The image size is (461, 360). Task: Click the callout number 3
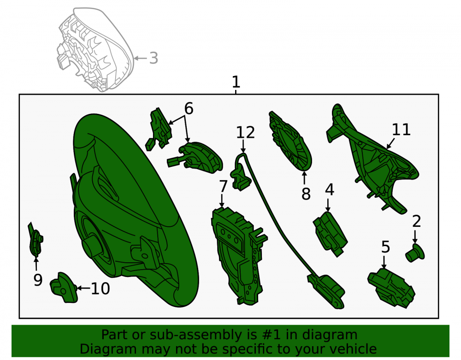point(154,58)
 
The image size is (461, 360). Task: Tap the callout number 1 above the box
point(236,82)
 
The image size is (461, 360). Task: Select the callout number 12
point(246,133)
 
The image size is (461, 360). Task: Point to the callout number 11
point(402,130)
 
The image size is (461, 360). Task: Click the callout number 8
point(306,194)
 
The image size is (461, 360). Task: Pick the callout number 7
point(223,186)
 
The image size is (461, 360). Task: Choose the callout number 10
point(100,289)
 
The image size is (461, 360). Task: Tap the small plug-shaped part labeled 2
point(415,253)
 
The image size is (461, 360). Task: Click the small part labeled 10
point(64,288)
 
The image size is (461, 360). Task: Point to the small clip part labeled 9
point(35,240)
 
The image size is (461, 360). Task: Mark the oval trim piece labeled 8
point(290,141)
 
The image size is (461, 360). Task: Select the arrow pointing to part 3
point(141,58)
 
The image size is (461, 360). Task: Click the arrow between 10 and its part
point(83,288)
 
